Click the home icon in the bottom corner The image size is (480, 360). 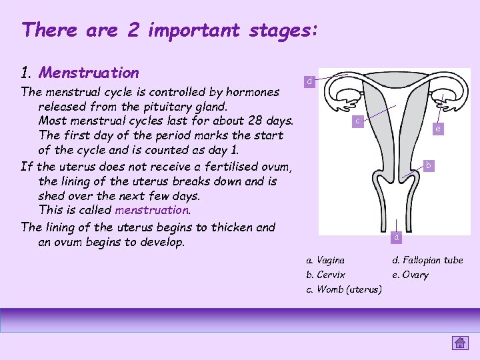(x=460, y=343)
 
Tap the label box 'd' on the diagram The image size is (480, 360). (x=308, y=81)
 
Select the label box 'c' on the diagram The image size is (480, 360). (x=358, y=121)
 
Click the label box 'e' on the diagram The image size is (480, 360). (x=437, y=129)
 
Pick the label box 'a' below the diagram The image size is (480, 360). (x=396, y=237)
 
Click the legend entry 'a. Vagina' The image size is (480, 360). (x=325, y=260)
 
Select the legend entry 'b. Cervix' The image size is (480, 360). (x=325, y=275)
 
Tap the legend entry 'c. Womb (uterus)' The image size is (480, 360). (x=343, y=289)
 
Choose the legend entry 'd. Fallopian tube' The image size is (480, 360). (x=427, y=260)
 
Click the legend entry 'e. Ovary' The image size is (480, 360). (x=410, y=275)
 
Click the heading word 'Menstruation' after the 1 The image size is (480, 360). (x=89, y=73)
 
